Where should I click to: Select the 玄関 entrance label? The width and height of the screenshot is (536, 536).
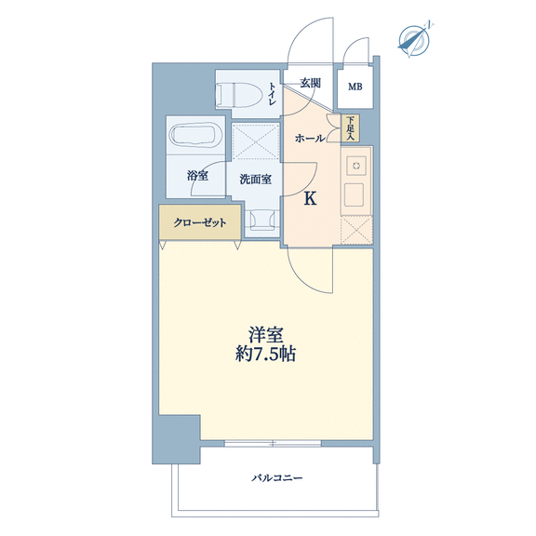tap(311, 83)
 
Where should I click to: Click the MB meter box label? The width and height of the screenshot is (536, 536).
tap(355, 87)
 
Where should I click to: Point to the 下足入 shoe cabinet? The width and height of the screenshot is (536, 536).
tap(350, 128)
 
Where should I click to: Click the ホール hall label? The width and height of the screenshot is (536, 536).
tap(310, 139)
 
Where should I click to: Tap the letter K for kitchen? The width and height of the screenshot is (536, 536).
tap(310, 198)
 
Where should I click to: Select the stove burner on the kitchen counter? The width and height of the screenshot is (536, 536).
tap(356, 167)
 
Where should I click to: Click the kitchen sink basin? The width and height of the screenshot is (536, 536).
tap(354, 194)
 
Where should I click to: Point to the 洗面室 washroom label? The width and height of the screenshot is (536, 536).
tap(256, 179)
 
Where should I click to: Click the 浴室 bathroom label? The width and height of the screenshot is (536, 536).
tap(197, 176)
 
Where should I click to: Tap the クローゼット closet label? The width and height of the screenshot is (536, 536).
tap(200, 223)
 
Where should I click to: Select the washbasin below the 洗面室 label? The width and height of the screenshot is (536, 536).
tap(261, 220)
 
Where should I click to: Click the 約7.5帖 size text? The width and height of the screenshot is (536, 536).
tap(265, 355)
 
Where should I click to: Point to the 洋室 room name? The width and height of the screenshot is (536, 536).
tap(266, 335)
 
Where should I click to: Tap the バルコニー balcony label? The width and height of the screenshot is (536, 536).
tap(277, 477)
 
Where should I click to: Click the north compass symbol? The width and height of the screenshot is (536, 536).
tap(414, 40)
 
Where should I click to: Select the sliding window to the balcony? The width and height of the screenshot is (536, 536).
tap(273, 443)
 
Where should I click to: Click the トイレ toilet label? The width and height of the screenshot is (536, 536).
tap(273, 93)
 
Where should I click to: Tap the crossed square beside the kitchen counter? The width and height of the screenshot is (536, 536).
tap(356, 230)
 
